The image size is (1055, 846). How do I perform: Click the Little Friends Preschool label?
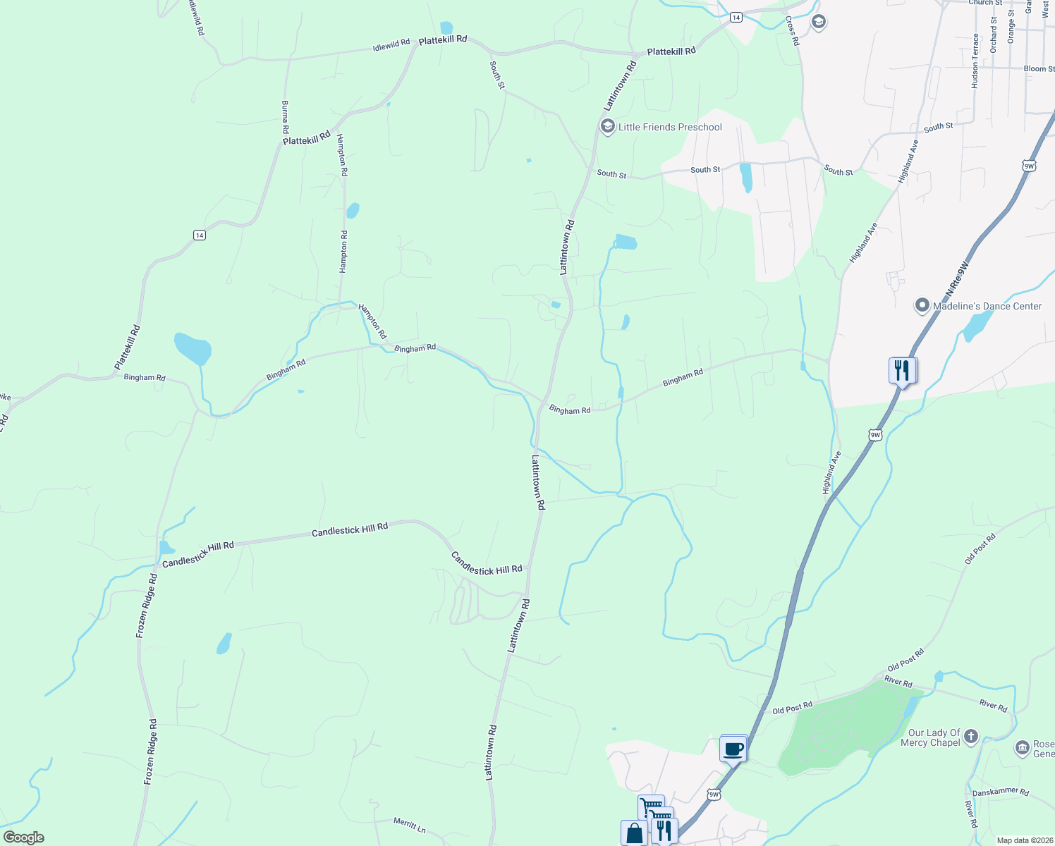670,128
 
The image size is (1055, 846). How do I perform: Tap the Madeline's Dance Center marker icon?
922,306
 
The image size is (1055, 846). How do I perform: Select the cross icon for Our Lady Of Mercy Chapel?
971,737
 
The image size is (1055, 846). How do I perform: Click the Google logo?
24,838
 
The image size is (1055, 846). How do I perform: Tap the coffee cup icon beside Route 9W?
733,748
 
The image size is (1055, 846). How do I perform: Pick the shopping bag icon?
635,833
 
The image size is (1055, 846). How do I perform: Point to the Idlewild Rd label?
391,46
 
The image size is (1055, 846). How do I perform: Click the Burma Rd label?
286,117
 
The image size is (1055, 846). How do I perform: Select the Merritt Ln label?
409,825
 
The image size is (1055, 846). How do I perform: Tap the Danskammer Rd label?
1000,792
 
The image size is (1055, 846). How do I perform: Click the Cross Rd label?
793,31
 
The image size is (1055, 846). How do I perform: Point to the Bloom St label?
1039,69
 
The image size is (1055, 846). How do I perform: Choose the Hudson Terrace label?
975,61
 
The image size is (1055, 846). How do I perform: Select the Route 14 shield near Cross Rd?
736,17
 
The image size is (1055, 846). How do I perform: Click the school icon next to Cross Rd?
818,22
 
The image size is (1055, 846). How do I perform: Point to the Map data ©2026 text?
1023,840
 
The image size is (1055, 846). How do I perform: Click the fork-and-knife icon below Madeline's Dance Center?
903,369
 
